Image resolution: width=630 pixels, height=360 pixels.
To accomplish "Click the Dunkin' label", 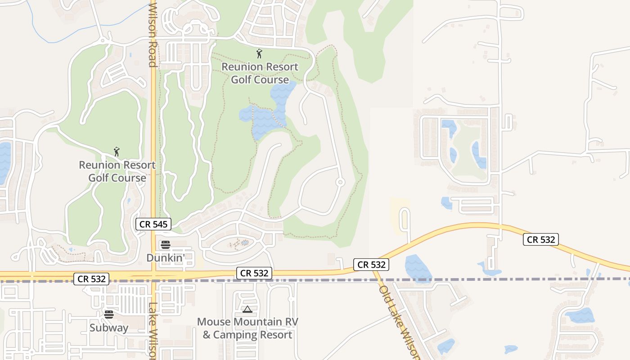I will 166,258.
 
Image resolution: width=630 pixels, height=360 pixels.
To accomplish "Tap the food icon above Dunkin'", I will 166,245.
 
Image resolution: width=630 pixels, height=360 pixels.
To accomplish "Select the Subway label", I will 109,328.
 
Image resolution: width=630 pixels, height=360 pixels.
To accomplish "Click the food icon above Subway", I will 109,314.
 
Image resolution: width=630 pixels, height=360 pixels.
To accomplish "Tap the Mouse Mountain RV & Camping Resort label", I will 247,328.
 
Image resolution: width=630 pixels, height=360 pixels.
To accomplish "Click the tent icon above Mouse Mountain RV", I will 247,309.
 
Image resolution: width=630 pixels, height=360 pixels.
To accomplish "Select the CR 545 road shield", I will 153,224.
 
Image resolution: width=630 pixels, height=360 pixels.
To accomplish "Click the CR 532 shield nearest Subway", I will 92,279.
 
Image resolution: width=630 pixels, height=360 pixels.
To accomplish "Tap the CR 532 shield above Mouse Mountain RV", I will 254,273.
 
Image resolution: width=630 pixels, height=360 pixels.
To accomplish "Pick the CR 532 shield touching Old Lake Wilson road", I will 371,265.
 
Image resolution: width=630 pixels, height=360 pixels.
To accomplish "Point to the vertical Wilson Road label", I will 153,34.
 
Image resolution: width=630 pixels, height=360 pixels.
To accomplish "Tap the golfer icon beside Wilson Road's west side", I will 117,152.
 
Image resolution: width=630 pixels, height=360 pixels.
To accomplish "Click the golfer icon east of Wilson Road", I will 259,54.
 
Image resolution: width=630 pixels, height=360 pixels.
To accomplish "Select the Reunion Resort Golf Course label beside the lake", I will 260,73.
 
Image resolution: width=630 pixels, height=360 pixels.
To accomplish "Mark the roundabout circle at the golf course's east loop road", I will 340,182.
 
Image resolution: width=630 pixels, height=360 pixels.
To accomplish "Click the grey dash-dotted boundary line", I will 315,280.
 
